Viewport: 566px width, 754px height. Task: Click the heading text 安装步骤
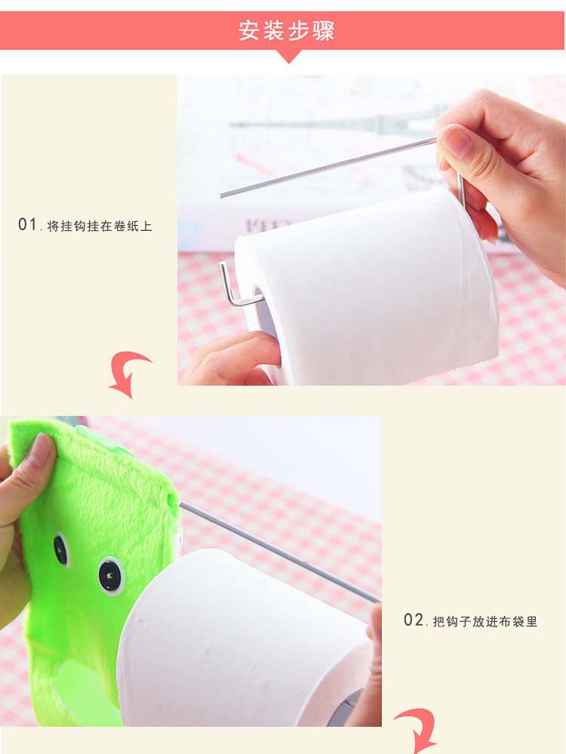(286, 31)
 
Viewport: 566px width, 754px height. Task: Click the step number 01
(27, 224)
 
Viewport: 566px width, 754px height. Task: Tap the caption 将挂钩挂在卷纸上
(100, 226)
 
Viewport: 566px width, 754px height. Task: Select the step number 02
(414, 620)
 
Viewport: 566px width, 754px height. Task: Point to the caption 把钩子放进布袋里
(485, 621)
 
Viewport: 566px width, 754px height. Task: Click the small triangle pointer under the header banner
(289, 57)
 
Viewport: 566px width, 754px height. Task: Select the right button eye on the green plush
(111, 576)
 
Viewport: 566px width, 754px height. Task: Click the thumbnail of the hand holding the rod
(454, 141)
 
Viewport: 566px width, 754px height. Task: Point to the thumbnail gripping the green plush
(41, 449)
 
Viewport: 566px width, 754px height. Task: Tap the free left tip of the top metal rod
(220, 195)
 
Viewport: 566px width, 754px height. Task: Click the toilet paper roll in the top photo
(367, 284)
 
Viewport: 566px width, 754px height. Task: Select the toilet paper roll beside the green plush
(245, 637)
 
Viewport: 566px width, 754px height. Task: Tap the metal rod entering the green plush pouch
(280, 552)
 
